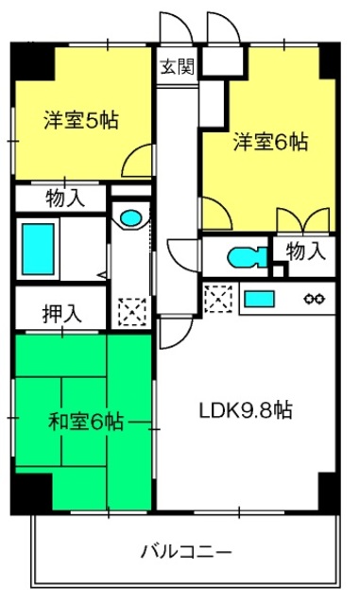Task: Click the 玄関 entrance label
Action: point(177,67)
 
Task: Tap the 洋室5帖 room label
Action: point(81,120)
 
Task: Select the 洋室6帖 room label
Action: point(271,142)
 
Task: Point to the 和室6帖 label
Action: point(86,422)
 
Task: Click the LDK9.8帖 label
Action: point(246,410)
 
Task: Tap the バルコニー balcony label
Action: point(186,552)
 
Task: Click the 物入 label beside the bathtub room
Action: point(65,199)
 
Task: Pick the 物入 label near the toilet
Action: point(305,251)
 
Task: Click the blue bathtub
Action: point(38,250)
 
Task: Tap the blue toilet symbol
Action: point(247,257)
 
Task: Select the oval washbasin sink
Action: point(130,218)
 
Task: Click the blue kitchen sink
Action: point(259,299)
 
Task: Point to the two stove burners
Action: point(314,299)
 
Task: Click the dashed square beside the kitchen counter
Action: point(218,299)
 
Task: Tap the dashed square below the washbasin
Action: point(132,312)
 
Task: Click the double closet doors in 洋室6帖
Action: point(303,220)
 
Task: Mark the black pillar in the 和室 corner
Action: point(31,493)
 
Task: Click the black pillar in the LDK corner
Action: point(329,492)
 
